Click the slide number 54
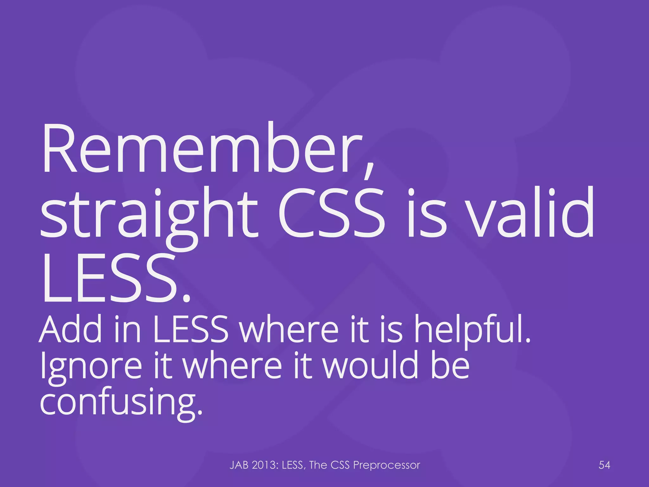coord(604,465)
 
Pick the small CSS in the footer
coord(340,465)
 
